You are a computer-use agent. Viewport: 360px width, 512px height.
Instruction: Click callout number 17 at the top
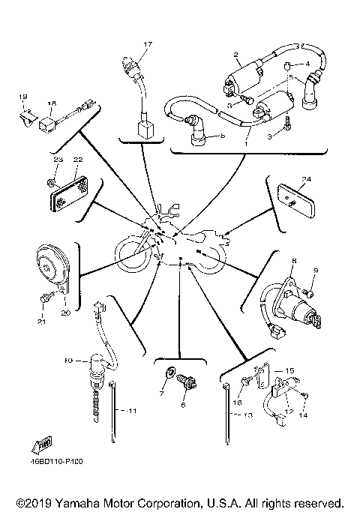pyautogui.click(x=148, y=45)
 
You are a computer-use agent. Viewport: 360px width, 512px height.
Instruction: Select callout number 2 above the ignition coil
pyautogui.click(x=235, y=55)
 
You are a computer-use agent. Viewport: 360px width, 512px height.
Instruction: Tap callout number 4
pyautogui.click(x=307, y=64)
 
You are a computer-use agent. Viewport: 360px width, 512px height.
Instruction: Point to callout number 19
pyautogui.click(x=22, y=97)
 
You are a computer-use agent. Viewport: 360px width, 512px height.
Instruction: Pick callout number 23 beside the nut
pyautogui.click(x=57, y=160)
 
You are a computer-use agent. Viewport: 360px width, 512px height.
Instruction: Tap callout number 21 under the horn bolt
pyautogui.click(x=42, y=322)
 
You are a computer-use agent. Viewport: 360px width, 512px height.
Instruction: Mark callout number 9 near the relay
pyautogui.click(x=316, y=270)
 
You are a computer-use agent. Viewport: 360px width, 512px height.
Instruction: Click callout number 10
pyautogui.click(x=67, y=361)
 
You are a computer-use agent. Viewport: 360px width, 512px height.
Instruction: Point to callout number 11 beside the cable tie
pyautogui.click(x=131, y=412)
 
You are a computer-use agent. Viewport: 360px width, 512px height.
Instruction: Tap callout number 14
pyautogui.click(x=304, y=414)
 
